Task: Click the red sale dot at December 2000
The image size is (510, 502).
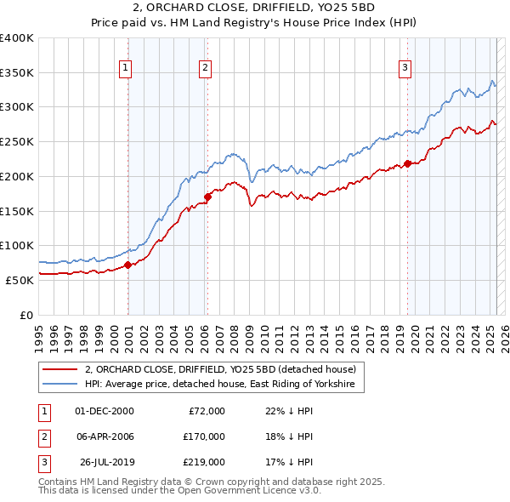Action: coord(128,265)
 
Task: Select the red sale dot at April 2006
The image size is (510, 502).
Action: coord(207,197)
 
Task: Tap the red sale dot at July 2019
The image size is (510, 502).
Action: coord(407,163)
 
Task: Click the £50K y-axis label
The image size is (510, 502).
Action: coord(20,280)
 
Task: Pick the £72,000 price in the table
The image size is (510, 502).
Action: coord(207,411)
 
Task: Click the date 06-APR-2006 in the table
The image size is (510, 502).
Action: coord(105,436)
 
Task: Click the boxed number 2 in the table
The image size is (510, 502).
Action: coord(42,436)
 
